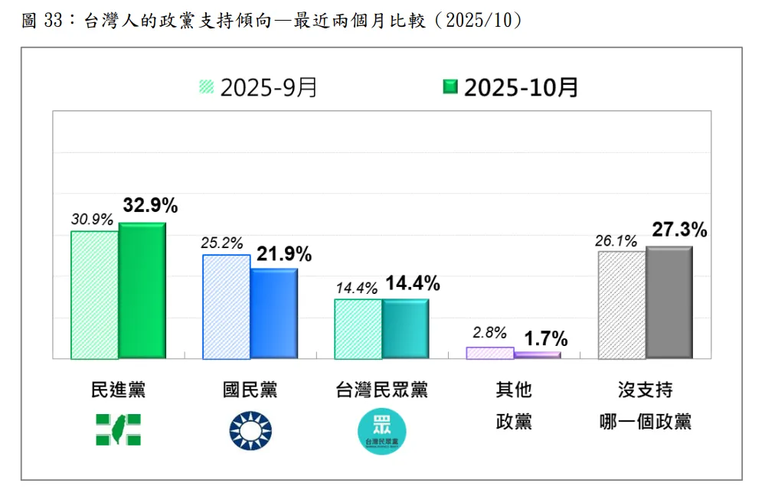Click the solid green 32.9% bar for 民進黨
pyautogui.click(x=142, y=291)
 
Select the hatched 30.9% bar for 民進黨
pyautogui.click(x=95, y=295)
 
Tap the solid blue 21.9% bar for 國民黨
pyautogui.click(x=274, y=314)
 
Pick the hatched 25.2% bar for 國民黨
pyautogui.click(x=227, y=307)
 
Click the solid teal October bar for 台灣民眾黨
pyautogui.click(x=406, y=328)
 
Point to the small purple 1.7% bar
pyautogui.click(x=538, y=355)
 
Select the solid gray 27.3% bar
pyautogui.click(x=669, y=302)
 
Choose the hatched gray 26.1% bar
pyautogui.click(x=622, y=305)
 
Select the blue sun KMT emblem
pyautogui.click(x=250, y=429)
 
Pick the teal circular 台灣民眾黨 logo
pyautogui.click(x=382, y=431)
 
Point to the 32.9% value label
pyautogui.click(x=150, y=206)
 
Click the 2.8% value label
pyautogui.click(x=490, y=333)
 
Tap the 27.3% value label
pyautogui.click(x=678, y=230)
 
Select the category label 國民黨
pyautogui.click(x=250, y=390)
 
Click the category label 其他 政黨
pyautogui.click(x=513, y=405)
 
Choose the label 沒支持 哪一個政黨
pyautogui.click(x=646, y=405)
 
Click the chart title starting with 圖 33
pyautogui.click(x=273, y=21)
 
